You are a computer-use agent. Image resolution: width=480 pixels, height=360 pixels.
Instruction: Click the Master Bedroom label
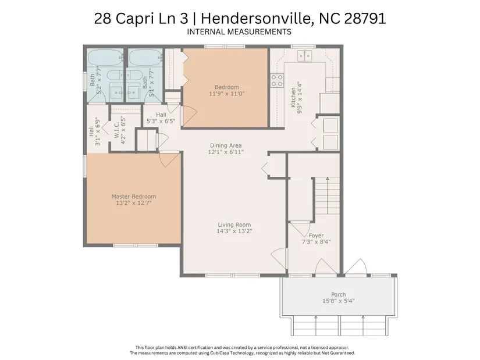[x=133, y=197]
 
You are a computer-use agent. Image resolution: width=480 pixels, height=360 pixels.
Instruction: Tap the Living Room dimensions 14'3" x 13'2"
[x=234, y=231]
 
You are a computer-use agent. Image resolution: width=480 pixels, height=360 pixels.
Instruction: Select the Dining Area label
[x=226, y=145]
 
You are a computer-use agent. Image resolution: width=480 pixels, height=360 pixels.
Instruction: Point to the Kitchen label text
[x=293, y=97]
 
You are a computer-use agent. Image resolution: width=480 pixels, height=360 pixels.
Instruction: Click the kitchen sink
[x=305, y=55]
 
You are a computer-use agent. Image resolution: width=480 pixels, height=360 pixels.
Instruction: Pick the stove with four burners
[x=277, y=80]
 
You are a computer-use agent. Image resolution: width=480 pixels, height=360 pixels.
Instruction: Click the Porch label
[x=338, y=294]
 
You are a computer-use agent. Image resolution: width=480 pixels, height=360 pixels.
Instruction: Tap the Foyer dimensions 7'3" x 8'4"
[x=317, y=242]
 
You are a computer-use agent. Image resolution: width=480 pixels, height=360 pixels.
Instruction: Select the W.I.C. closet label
[x=116, y=130]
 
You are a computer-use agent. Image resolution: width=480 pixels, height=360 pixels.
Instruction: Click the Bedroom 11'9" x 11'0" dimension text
[x=226, y=94]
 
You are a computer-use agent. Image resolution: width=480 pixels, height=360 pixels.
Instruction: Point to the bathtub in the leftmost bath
[x=105, y=57]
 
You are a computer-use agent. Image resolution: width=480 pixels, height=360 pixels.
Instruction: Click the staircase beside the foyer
[x=328, y=196]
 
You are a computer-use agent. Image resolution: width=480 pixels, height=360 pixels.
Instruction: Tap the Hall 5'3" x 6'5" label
[x=161, y=118]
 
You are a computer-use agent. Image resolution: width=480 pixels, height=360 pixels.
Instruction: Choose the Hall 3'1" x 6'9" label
[x=94, y=131]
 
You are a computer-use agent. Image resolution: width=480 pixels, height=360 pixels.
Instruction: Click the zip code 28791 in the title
[x=365, y=19]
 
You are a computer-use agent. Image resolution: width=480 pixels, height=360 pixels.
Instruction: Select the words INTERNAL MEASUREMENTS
[x=239, y=32]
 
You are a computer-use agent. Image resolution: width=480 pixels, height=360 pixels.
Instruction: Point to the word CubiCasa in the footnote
[x=219, y=353]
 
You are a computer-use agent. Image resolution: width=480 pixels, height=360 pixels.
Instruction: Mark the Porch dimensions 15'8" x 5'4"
[x=338, y=301]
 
